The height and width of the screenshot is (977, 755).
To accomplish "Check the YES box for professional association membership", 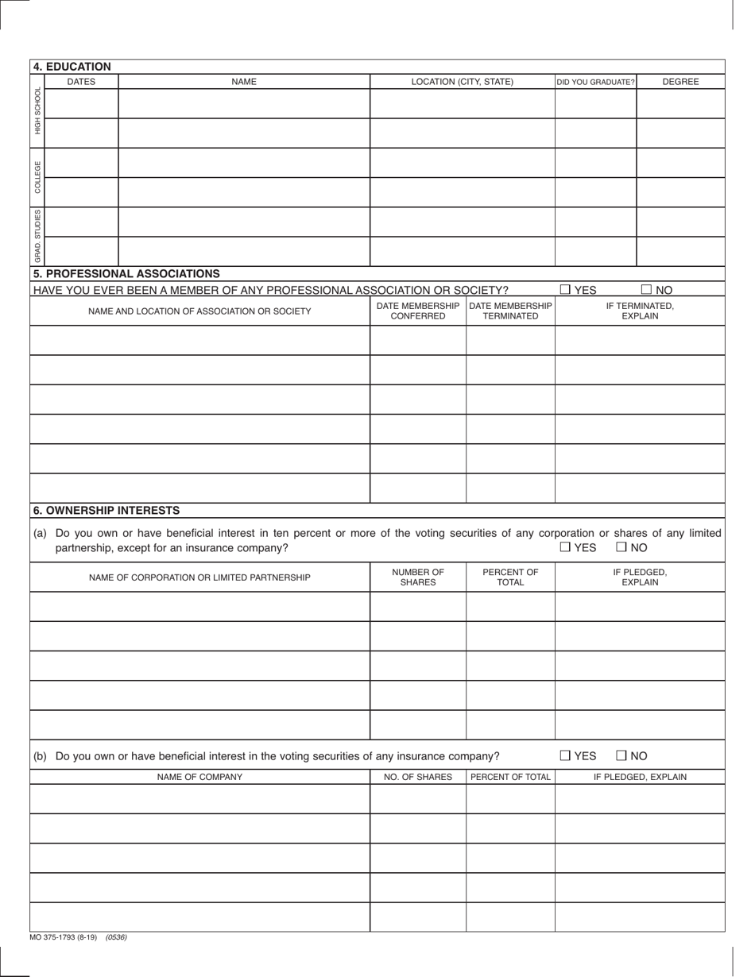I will click(x=565, y=290).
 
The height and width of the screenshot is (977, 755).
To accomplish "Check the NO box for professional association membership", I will click(x=646, y=290).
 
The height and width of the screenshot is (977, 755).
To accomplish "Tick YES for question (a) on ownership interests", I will click(x=565, y=547).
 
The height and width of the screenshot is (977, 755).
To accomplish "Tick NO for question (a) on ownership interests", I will click(x=621, y=547).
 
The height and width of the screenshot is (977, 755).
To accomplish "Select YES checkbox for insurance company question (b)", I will click(x=565, y=756).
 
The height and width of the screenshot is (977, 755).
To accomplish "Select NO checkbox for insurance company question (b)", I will click(x=621, y=756).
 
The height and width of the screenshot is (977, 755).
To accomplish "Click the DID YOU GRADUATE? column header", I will click(x=595, y=82).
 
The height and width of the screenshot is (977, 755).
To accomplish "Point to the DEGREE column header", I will click(x=680, y=82).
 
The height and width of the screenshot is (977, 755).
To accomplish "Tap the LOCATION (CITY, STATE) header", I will click(x=462, y=82).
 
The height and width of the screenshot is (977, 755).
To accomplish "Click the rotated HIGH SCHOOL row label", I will click(x=37, y=110).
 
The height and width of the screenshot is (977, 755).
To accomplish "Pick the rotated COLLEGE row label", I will click(x=37, y=177).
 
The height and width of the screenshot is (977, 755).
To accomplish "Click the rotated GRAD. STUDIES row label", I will click(x=37, y=236).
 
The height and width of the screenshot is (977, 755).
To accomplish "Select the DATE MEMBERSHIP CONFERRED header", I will click(x=418, y=311).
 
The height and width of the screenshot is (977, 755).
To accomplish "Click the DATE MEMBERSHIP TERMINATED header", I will click(x=510, y=311).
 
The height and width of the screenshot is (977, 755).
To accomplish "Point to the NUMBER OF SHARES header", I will click(x=418, y=577).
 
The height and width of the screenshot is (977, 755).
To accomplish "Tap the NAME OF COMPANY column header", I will click(x=199, y=777).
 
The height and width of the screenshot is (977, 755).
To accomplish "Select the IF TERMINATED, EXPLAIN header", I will click(x=640, y=311).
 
